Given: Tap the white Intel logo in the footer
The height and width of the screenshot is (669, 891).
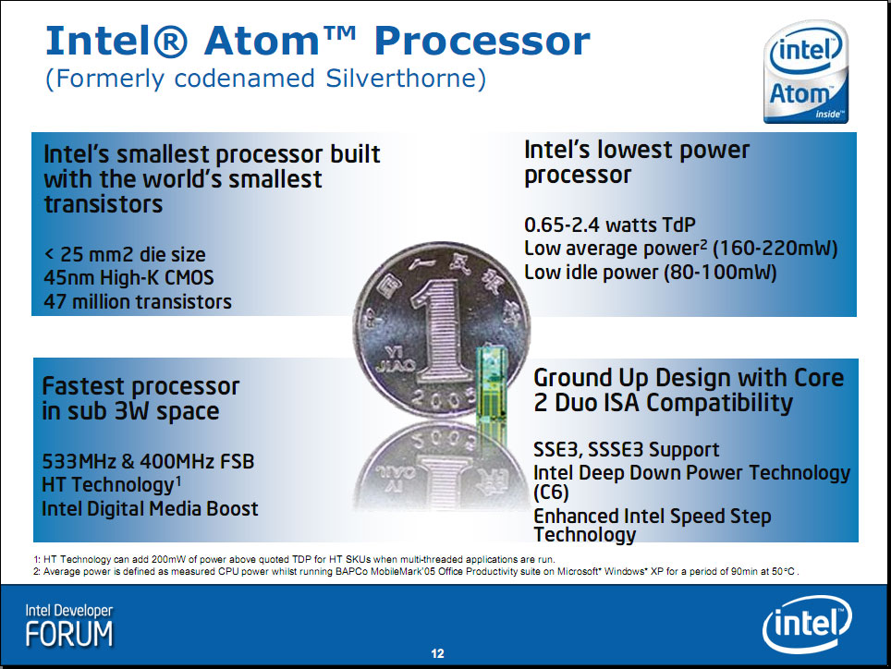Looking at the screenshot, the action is pyautogui.click(x=807, y=624).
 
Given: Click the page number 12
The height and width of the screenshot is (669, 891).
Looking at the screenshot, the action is pyautogui.click(x=437, y=653).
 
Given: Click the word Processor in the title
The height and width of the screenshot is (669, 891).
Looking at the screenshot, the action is pyautogui.click(x=482, y=41).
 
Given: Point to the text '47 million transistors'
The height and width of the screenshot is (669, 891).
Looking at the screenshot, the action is pyautogui.click(x=138, y=301).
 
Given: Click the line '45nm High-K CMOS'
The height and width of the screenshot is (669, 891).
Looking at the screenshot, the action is pyautogui.click(x=129, y=278).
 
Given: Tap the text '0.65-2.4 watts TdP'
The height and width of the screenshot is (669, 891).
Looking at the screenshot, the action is pyautogui.click(x=610, y=225).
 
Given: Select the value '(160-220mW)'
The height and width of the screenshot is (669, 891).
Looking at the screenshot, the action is pyautogui.click(x=775, y=249).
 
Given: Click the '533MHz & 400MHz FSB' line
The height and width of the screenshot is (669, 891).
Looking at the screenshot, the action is pyautogui.click(x=148, y=461).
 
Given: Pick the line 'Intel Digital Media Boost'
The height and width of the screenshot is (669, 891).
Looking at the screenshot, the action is pyautogui.click(x=150, y=508).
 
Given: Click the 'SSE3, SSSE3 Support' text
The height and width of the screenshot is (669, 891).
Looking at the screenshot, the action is pyautogui.click(x=627, y=450).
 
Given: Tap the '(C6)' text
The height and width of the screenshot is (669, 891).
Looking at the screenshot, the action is pyautogui.click(x=551, y=492).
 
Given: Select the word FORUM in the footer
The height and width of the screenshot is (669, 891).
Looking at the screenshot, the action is pyautogui.click(x=69, y=635).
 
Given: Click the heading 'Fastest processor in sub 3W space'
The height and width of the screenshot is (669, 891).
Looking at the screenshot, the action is pyautogui.click(x=140, y=398).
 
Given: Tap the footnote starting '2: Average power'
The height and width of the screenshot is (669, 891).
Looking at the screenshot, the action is pyautogui.click(x=417, y=571).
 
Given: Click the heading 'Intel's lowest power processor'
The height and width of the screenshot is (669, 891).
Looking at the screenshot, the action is pyautogui.click(x=637, y=162).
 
